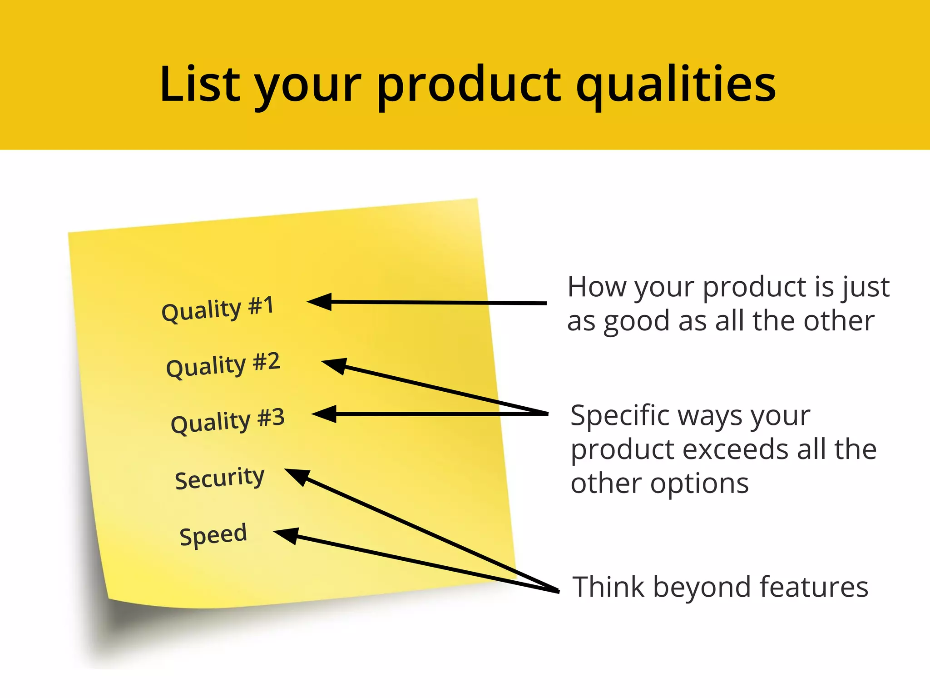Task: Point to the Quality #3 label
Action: (x=228, y=420)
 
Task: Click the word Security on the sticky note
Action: (x=219, y=478)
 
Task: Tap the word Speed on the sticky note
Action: (x=213, y=534)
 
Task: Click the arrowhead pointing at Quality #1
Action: (x=321, y=302)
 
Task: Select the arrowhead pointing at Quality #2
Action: (x=335, y=365)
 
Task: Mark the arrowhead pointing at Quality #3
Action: (x=325, y=414)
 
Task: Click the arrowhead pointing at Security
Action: (x=298, y=476)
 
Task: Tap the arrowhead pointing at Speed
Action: (x=287, y=535)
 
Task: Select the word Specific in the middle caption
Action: (x=619, y=416)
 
